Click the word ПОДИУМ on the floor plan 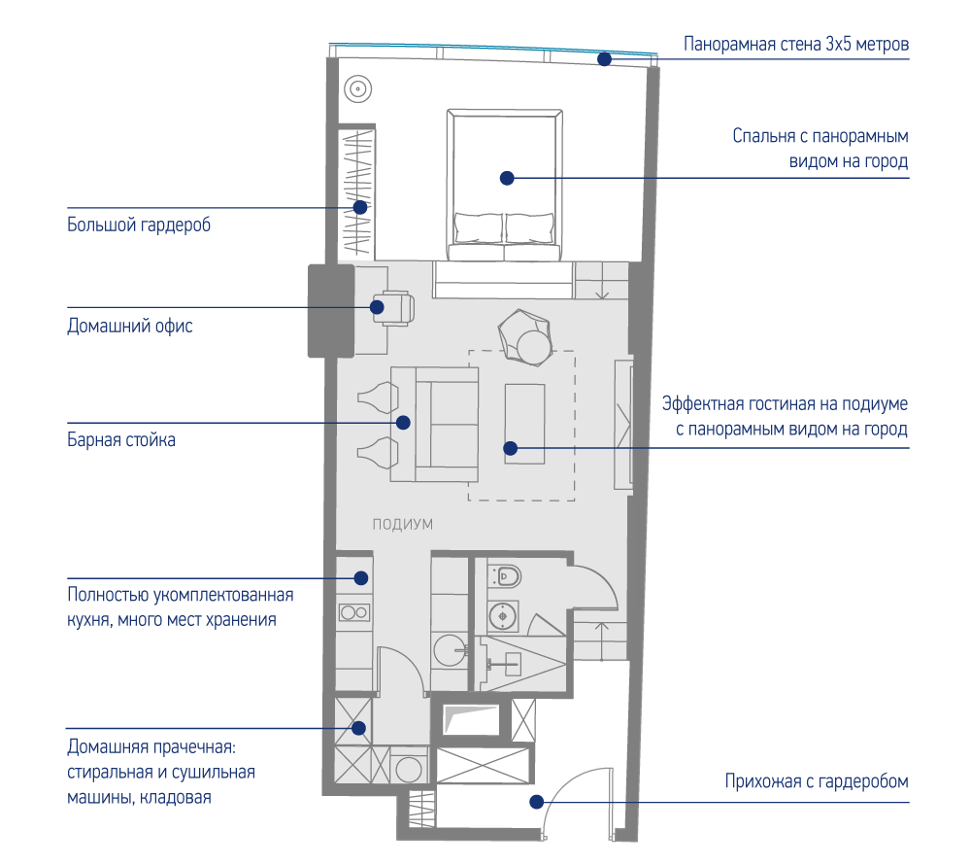[x=403, y=524]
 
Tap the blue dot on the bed [x=507, y=179]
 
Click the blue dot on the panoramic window [x=604, y=59]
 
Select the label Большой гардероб [x=139, y=225]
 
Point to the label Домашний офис [x=130, y=326]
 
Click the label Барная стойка [x=121, y=440]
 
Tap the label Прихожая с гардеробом [x=817, y=781]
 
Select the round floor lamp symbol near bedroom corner [x=358, y=89]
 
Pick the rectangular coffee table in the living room [x=524, y=424]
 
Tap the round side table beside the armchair [x=534, y=348]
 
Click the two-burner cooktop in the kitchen [x=354, y=613]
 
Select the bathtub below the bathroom [x=471, y=719]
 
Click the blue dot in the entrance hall [x=537, y=802]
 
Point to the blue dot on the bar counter [x=403, y=423]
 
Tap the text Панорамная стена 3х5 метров [x=796, y=44]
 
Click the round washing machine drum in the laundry [x=409, y=770]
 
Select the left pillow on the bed [x=478, y=227]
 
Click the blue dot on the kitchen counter [x=361, y=578]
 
